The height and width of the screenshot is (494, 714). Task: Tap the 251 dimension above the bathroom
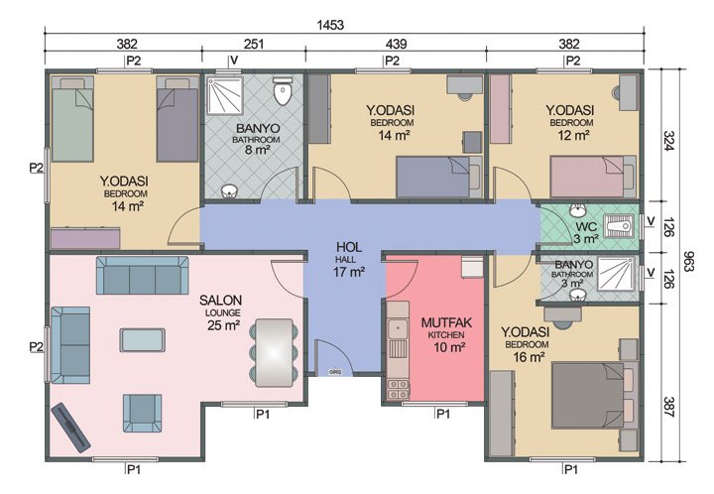[255, 44]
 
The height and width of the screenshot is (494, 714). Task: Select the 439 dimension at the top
[397, 44]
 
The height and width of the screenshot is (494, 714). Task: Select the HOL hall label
[348, 247]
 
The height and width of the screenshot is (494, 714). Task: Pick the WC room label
[586, 226]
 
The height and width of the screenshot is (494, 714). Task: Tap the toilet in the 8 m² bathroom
[284, 92]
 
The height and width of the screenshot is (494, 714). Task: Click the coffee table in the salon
[144, 340]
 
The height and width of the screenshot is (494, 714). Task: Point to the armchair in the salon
[142, 409]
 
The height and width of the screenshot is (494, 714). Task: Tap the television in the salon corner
[70, 424]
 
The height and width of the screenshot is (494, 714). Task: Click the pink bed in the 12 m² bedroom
[592, 177]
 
